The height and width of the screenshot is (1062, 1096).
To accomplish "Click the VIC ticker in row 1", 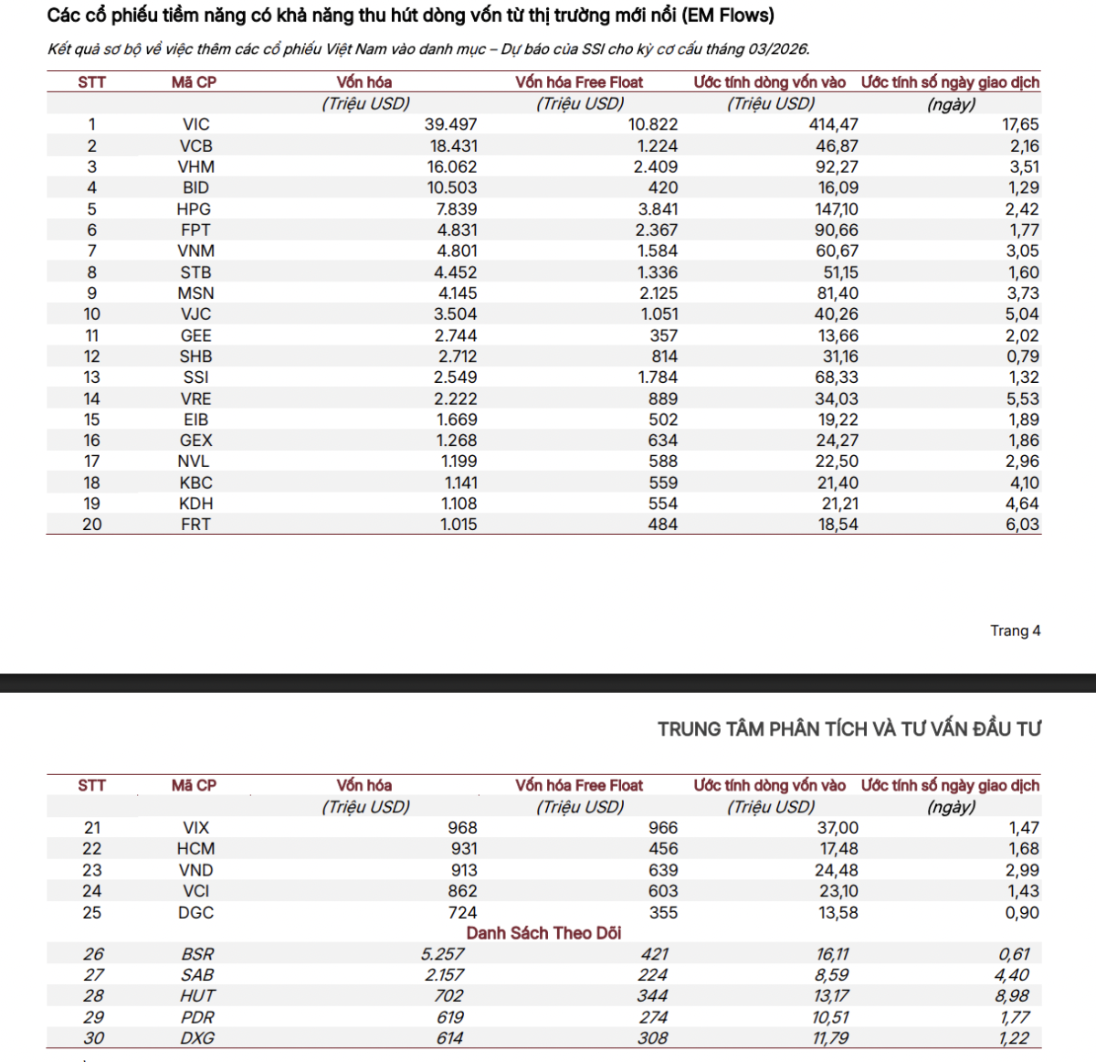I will [195, 124].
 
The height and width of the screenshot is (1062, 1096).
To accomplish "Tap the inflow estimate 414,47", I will [833, 124].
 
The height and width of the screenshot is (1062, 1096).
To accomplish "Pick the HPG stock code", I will [194, 209].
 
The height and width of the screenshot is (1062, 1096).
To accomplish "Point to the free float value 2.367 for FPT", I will [657, 230].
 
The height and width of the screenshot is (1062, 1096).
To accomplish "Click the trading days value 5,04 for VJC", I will [1022, 314].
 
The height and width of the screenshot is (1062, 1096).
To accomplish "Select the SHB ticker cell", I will [195, 356].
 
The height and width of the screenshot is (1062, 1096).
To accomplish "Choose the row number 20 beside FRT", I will [92, 525].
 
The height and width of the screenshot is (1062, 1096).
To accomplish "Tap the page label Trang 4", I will [1015, 631].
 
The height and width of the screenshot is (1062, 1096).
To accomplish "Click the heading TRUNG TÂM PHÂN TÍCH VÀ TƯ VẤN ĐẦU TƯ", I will [848, 729].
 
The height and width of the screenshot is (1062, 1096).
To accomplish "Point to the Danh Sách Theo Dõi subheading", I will [543, 933].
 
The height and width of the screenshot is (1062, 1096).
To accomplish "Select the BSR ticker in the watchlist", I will [197, 954].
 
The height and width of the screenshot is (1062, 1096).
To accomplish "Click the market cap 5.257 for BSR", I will [442, 954].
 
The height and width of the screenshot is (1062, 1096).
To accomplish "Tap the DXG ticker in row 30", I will [197, 1038].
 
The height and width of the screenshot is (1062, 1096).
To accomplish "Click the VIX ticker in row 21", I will [195, 828].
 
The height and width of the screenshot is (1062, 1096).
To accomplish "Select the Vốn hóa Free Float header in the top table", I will [579, 82].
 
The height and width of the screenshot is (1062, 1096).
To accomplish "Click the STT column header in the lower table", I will [92, 786].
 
